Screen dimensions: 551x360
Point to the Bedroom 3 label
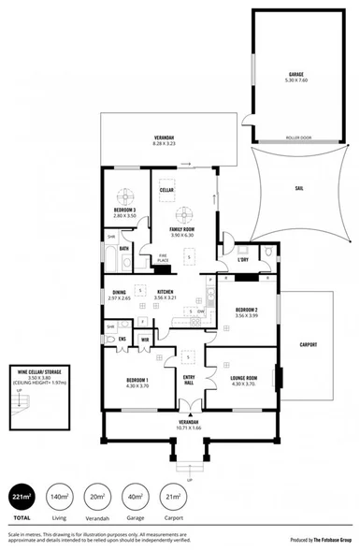pyautogui.click(x=125, y=210)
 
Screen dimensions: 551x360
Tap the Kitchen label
pyautogui.click(x=166, y=293)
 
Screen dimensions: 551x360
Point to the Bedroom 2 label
pyautogui.click(x=248, y=310)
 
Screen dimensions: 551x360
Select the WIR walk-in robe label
pyautogui.click(x=145, y=339)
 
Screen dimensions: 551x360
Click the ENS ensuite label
pyautogui.click(x=122, y=340)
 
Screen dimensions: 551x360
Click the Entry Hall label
pyautogui.click(x=189, y=379)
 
